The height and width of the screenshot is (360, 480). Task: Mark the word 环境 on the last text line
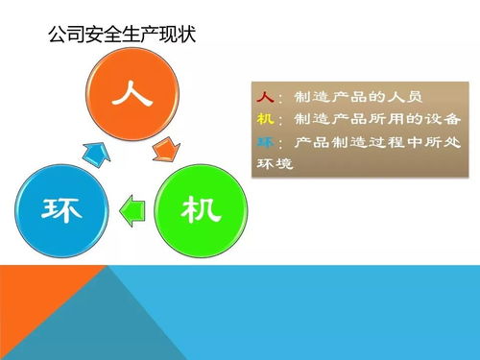[276, 164]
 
